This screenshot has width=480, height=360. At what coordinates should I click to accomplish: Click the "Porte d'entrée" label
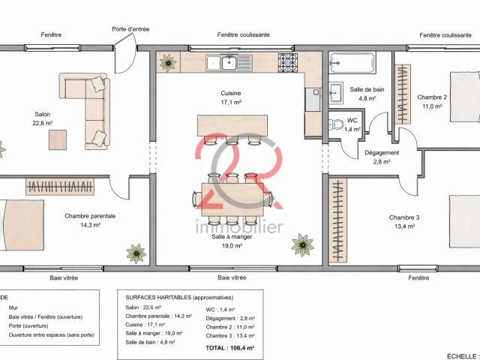130,29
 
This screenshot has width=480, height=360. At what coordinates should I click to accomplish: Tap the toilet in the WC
336,124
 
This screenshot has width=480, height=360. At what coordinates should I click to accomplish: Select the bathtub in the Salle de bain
352,63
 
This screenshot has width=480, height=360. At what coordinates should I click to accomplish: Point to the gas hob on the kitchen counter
288,63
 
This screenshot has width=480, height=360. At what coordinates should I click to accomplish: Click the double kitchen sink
229,63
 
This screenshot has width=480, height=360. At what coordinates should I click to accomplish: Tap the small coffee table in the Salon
58,140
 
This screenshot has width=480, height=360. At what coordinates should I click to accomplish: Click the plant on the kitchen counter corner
168,63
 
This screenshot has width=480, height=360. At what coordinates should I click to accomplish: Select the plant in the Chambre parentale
136,253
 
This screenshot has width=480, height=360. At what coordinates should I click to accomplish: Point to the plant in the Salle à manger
302,245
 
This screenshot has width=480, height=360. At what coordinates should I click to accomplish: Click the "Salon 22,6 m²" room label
43,118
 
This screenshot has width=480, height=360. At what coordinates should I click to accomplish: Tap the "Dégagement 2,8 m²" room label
382,157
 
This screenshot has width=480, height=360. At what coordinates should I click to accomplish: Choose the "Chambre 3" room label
404,217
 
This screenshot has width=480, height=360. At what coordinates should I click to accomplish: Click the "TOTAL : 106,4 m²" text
230,348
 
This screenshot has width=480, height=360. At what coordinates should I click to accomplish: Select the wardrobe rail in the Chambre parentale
60,187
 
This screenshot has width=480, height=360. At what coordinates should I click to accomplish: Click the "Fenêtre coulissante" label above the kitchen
243,35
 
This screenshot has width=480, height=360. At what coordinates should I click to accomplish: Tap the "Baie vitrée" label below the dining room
232,277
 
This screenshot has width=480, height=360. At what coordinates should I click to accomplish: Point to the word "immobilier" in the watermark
239,227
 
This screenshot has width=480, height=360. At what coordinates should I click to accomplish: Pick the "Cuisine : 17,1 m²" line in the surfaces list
145,325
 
